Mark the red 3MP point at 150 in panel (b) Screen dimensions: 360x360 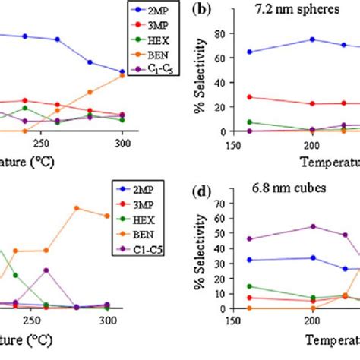coord(251,97)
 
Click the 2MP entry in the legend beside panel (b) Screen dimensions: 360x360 coord(162,11)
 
